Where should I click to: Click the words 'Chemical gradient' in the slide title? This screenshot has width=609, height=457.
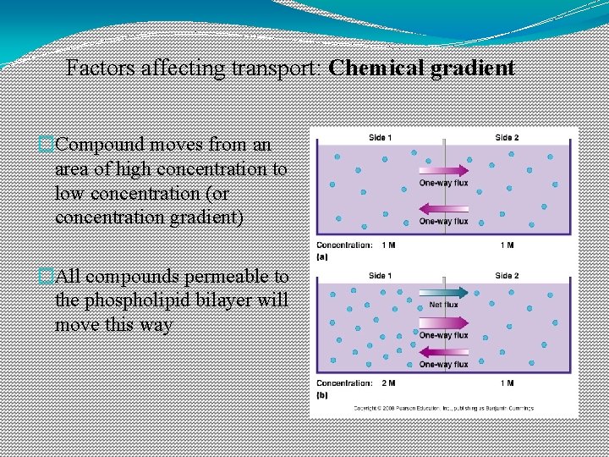point(421,68)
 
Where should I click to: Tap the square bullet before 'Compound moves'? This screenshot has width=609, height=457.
point(47,145)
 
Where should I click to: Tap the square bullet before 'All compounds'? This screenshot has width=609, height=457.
point(47,277)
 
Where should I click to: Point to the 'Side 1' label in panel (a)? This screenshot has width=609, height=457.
point(380,137)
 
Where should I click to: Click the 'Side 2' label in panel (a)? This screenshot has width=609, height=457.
point(507,137)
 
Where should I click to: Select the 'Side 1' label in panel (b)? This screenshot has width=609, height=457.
point(380,276)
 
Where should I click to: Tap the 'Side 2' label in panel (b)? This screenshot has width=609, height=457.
point(507,276)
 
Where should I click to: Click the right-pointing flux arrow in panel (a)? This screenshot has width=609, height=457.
point(443,170)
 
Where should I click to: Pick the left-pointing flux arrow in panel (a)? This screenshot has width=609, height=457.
point(443,209)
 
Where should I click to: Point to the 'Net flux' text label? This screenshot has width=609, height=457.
point(444,305)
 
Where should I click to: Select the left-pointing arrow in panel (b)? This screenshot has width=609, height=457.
point(443,351)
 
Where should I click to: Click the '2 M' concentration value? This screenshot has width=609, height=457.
point(388,383)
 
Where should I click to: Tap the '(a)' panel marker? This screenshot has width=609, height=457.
point(321,256)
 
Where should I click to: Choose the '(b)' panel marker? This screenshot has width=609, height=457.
point(321,394)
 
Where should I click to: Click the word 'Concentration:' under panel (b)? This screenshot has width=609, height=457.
point(344,383)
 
